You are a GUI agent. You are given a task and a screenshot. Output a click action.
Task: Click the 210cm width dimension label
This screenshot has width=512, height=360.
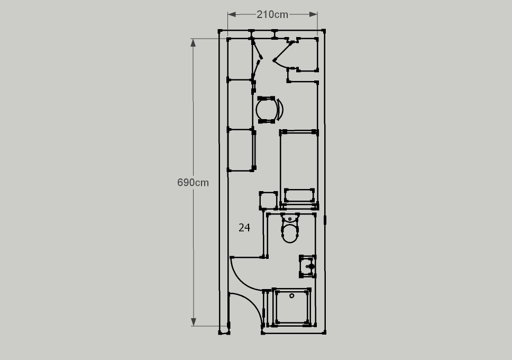click(x=272, y=15)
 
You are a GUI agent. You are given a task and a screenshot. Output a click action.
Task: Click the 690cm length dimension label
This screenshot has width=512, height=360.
click(x=193, y=183)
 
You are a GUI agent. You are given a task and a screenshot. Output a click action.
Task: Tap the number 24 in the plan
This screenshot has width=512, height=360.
click(x=244, y=228)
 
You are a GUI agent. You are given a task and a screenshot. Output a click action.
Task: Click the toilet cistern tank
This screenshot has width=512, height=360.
click(x=290, y=218)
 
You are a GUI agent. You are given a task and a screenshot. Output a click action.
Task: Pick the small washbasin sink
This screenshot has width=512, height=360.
click(x=308, y=266)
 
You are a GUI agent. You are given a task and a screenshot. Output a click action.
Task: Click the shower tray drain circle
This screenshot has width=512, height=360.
click(x=291, y=295)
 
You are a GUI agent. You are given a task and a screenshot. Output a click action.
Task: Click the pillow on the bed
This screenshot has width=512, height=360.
click(x=299, y=195)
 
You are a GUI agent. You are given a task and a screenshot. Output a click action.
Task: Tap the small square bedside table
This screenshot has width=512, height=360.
click(x=268, y=201)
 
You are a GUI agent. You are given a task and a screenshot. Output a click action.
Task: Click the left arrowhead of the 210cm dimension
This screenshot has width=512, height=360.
click(x=232, y=14)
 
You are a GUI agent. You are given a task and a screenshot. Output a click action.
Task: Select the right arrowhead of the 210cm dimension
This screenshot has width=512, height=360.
click(x=313, y=14)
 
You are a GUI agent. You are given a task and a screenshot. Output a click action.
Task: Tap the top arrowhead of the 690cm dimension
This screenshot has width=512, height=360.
click(x=193, y=43)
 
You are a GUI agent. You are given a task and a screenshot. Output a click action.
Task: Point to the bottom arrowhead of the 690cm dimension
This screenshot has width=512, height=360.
click(x=193, y=322)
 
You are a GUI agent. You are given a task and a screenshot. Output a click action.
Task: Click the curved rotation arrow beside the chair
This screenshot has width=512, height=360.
click(x=280, y=110)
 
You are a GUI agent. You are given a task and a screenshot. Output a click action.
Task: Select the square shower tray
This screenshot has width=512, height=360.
click(x=291, y=307)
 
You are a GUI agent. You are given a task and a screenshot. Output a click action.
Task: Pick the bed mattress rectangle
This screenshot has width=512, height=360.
click(x=299, y=169)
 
